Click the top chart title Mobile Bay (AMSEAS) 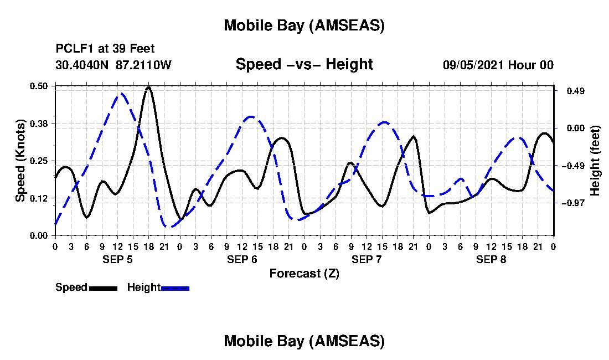pyautogui.click(x=304, y=25)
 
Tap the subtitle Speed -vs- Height pyautogui.click(x=304, y=65)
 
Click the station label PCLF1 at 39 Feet pyautogui.click(x=105, y=48)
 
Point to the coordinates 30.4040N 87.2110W pyautogui.click(x=113, y=65)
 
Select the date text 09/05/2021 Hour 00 pyautogui.click(x=498, y=65)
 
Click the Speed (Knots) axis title pyautogui.click(x=20, y=160)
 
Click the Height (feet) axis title pyautogui.click(x=595, y=160)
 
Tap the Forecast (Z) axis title pyautogui.click(x=304, y=273)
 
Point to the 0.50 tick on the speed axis pyautogui.click(x=39, y=86)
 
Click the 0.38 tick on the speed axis pyautogui.click(x=39, y=123)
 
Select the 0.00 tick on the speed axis pyautogui.click(x=39, y=235)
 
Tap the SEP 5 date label pyautogui.click(x=117, y=259)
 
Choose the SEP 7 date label pyautogui.click(x=367, y=259)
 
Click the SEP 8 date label pyautogui.click(x=491, y=259)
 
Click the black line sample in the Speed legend pyautogui.click(x=103, y=288)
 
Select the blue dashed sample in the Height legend pyautogui.click(x=175, y=288)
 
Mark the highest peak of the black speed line pyautogui.click(x=148, y=87)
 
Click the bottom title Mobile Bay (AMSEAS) pyautogui.click(x=304, y=341)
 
